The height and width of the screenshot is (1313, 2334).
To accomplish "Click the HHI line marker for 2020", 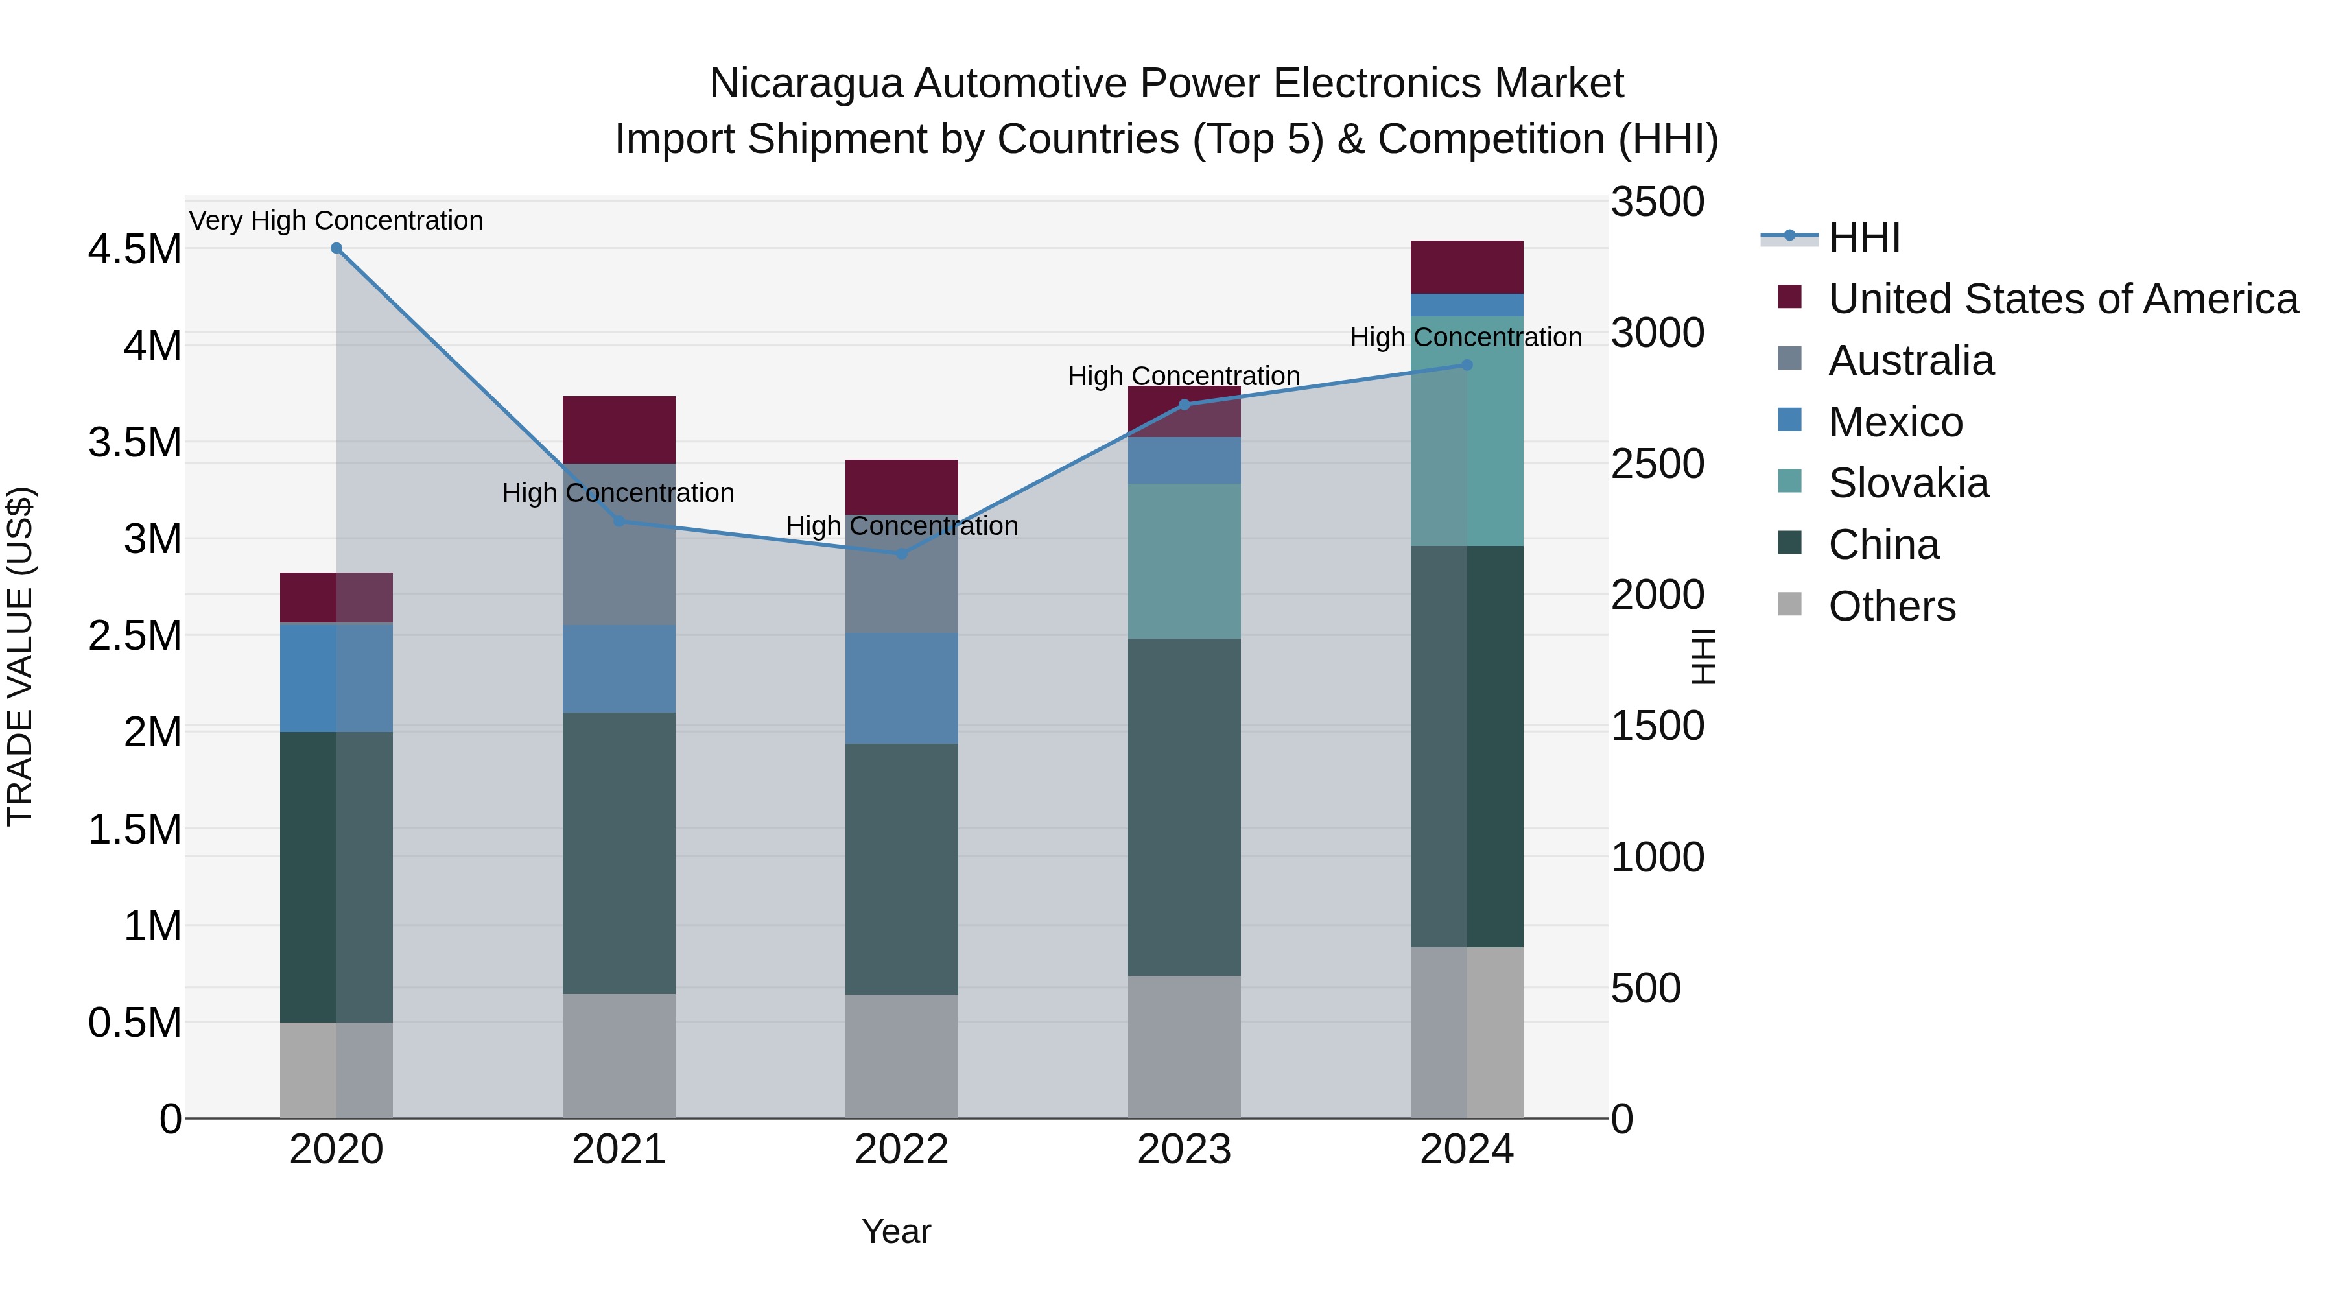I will click(x=336, y=248).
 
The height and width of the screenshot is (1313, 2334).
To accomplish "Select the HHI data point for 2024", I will click(x=1467, y=365).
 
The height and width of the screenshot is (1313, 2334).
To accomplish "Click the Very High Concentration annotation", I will click(x=336, y=220).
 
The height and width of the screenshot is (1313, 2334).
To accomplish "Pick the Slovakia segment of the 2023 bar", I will click(x=1185, y=561).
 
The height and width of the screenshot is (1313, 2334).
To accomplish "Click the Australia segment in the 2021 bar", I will click(x=619, y=544).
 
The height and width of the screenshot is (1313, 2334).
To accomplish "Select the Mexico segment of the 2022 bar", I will click(x=902, y=688).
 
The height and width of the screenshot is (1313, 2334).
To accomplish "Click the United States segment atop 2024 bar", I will click(x=1467, y=266).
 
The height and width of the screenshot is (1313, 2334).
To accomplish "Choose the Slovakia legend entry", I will click(x=1908, y=483).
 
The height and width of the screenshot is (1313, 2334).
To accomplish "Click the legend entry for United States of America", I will click(x=2062, y=299).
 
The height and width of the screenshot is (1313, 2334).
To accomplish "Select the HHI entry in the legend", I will click(x=1864, y=237).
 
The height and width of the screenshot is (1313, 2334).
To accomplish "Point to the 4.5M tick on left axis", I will click(x=134, y=249).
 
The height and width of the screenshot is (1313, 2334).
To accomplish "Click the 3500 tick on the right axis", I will click(x=1657, y=202).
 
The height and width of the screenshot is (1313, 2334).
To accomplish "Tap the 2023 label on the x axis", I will click(x=1185, y=1150).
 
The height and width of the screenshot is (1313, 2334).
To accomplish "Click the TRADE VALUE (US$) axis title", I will click(x=20, y=656).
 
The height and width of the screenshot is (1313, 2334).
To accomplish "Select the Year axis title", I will click(x=896, y=1231).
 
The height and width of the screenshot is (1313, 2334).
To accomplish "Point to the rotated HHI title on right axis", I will click(x=1703, y=656).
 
